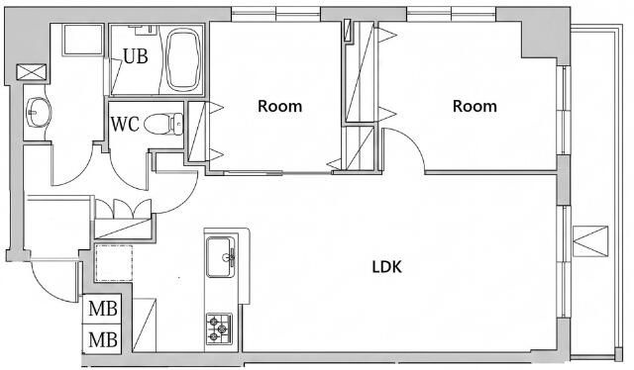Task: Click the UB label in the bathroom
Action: point(136,56)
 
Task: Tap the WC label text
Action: point(125,125)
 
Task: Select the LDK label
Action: point(387,267)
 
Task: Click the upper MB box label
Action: point(103,309)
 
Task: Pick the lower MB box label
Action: point(103,339)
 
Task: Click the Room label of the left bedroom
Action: point(279,106)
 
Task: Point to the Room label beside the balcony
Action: point(475,106)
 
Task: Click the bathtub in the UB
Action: point(183,59)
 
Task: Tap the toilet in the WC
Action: point(163,124)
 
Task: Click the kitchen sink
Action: point(220,257)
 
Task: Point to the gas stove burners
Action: point(219,328)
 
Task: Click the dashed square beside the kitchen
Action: point(114,263)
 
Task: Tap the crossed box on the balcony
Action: point(590,241)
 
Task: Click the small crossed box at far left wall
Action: point(32,72)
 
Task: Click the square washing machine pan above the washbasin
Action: point(83,40)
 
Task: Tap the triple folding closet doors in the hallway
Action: point(124,209)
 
